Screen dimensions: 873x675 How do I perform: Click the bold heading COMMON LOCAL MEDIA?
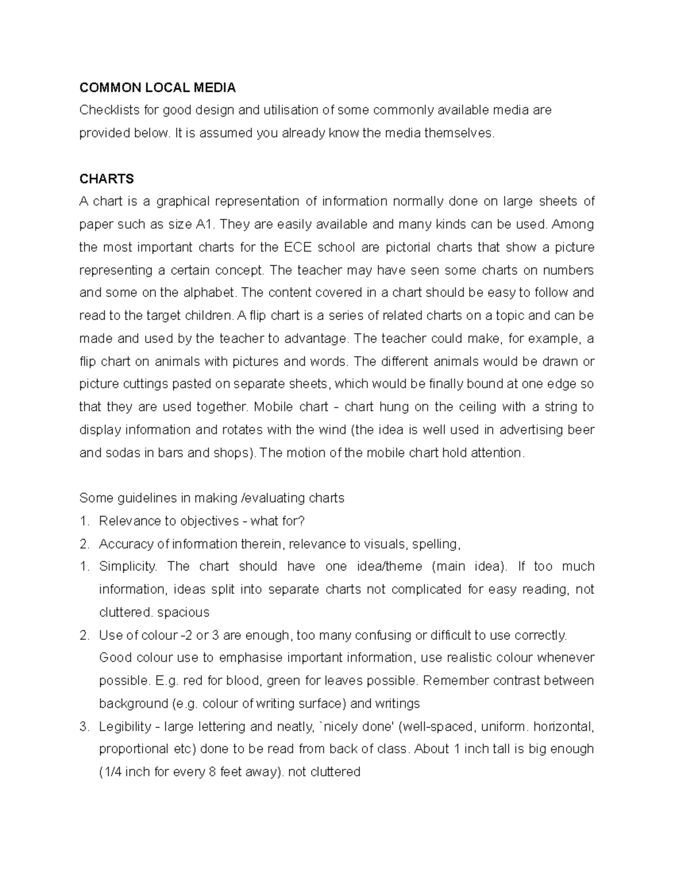[x=157, y=88]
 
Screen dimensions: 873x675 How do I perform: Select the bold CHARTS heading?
[x=107, y=179]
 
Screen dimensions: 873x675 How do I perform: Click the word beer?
[x=582, y=430]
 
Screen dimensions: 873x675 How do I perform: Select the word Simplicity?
[x=128, y=567]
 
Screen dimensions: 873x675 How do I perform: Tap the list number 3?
[x=84, y=727]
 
